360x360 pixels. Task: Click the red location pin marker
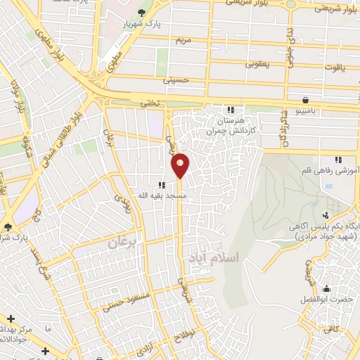pos(181,165)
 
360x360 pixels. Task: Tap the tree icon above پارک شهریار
pos(142,13)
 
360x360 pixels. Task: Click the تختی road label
pos(149,103)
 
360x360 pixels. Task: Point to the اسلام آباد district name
pos(214,259)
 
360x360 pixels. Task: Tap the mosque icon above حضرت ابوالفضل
pos(326,288)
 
